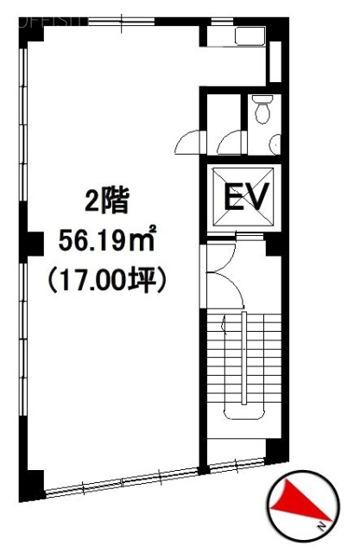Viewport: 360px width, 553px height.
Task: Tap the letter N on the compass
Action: (x=320, y=525)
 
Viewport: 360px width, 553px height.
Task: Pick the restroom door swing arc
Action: (x=229, y=140)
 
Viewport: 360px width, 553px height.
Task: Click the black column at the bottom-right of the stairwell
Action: (x=275, y=450)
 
